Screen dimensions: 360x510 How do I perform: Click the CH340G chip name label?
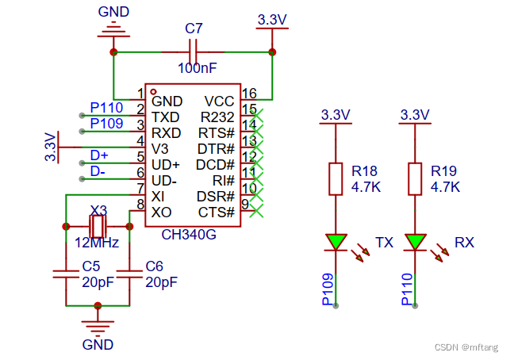point(189,234)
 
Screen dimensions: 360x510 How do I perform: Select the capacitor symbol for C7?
point(194,52)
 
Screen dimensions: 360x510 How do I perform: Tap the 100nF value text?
point(194,69)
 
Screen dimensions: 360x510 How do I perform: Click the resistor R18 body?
point(336,178)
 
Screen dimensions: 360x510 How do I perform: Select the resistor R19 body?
point(415,178)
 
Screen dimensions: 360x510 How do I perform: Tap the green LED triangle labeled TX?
point(336,242)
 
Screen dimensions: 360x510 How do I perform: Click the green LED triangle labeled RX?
point(415,242)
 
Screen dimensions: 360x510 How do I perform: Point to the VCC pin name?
point(219,101)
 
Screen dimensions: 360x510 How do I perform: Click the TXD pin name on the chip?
point(166,117)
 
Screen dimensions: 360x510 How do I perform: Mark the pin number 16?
point(249,94)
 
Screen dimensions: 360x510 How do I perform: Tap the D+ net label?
point(98,155)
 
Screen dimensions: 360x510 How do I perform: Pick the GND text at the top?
point(114,12)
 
